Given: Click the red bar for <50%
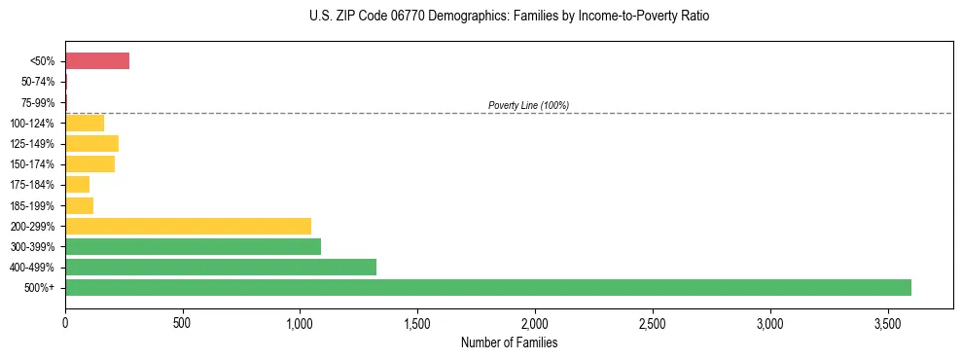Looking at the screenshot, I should [x=97, y=61].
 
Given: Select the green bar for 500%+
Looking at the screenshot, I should [x=487, y=287].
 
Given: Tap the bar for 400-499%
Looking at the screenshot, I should [x=220, y=267].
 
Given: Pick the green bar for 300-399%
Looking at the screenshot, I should [x=193, y=246].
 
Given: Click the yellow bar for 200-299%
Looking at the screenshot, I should [x=188, y=226].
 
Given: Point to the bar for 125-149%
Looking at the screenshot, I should [x=91, y=143].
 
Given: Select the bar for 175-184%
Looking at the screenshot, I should [x=77, y=185].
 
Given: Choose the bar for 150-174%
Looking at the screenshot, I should [x=89, y=163].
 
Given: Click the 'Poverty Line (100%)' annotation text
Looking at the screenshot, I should [x=528, y=105].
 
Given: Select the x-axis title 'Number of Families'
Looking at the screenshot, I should [x=509, y=342].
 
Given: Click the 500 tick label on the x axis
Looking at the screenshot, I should [x=182, y=322].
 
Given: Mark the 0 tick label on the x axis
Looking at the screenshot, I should [x=65, y=322].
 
